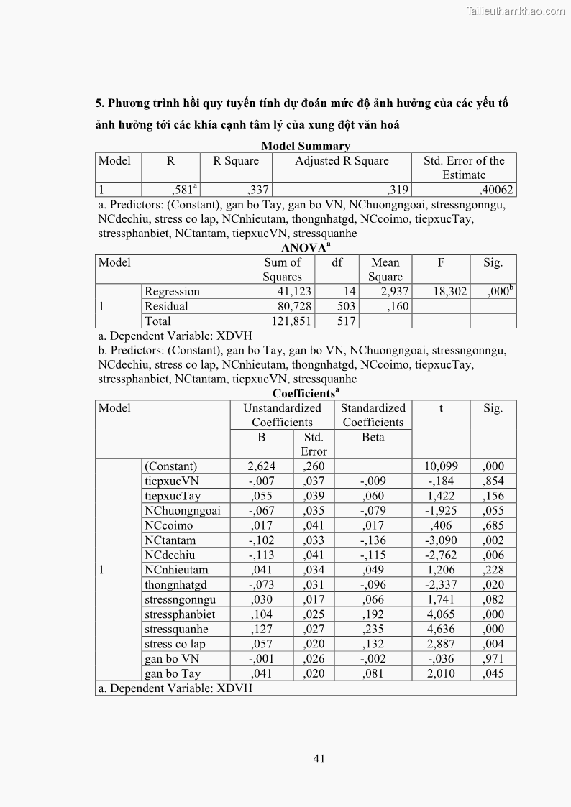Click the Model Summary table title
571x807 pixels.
coord(306,146)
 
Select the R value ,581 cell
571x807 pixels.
coord(183,190)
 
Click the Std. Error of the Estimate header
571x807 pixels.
coord(464,168)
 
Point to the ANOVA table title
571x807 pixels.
coord(305,248)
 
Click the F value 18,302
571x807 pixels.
coord(449,292)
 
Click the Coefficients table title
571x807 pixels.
coord(306,393)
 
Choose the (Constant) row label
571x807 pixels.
coord(171,466)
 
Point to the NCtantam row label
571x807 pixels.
coord(170,540)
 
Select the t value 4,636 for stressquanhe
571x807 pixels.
coord(442,630)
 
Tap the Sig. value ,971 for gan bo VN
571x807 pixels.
coord(493,659)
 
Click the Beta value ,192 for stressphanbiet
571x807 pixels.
coord(373,614)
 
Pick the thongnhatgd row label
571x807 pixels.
coord(175,585)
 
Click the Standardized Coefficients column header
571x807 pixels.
coord(373,415)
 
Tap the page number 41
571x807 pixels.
coord(321,757)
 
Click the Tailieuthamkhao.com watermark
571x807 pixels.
coord(516,11)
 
